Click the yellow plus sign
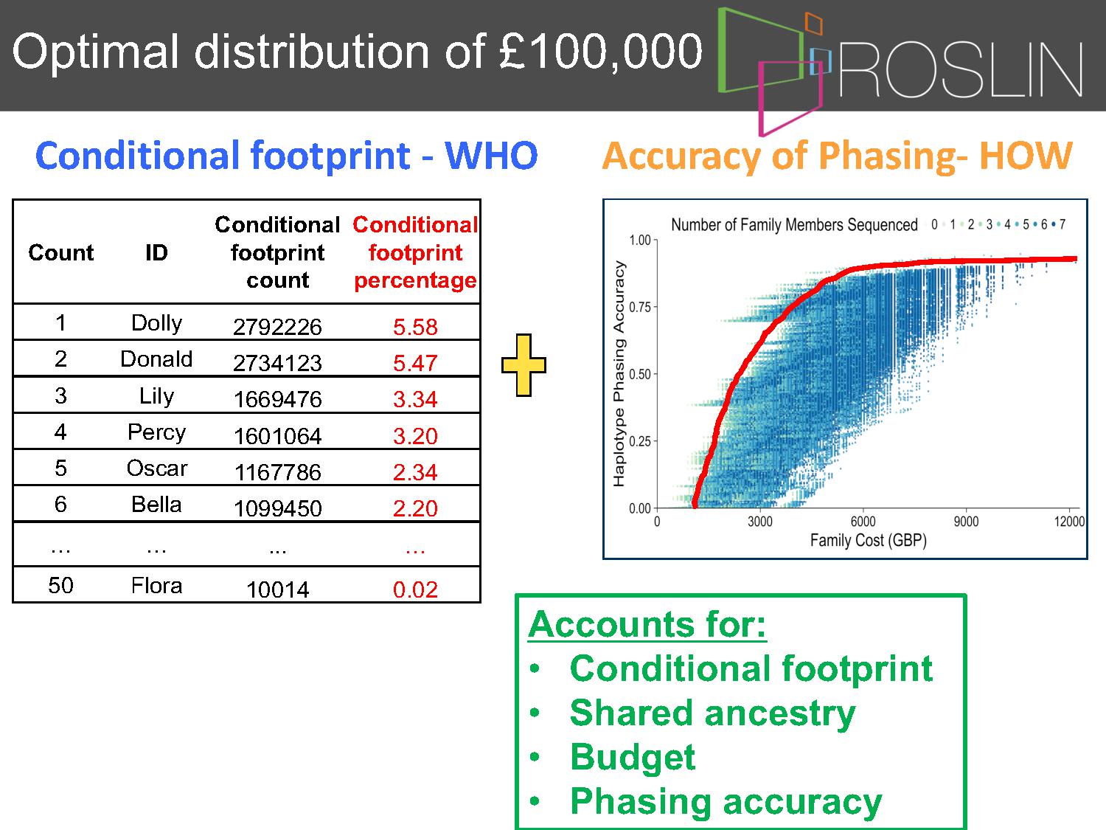(x=524, y=365)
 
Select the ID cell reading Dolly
(x=156, y=322)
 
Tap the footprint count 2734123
(x=277, y=363)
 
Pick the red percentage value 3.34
(x=415, y=399)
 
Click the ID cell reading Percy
(x=156, y=432)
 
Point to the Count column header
(x=61, y=252)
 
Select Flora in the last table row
(x=156, y=586)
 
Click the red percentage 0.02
(x=415, y=589)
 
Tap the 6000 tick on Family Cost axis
(x=863, y=522)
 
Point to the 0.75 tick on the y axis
(x=640, y=307)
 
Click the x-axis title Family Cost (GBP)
(x=868, y=540)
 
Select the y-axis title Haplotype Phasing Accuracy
(x=619, y=373)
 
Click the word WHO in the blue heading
(x=491, y=155)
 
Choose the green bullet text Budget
(x=633, y=757)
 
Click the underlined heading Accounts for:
(x=647, y=624)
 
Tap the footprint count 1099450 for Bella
(x=277, y=508)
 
